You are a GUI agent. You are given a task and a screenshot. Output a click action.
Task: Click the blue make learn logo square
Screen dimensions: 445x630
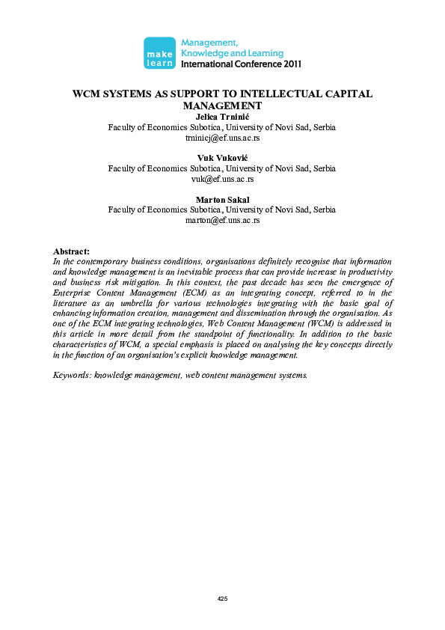tap(159, 52)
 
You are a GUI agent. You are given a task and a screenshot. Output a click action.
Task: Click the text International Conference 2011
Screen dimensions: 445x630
tap(241, 64)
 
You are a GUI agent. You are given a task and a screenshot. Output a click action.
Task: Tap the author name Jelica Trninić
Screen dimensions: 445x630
tap(222, 117)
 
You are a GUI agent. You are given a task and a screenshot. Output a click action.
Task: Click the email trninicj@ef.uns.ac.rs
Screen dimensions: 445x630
tap(222, 138)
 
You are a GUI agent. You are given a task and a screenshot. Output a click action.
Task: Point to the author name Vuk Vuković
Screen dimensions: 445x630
tap(222, 159)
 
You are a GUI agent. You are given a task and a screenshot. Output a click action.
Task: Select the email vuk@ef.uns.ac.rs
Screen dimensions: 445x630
tap(222, 180)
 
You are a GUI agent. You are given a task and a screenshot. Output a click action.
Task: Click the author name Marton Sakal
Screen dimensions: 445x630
tap(222, 200)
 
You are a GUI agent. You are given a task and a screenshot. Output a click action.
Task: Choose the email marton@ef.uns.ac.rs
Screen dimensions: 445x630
tap(222, 221)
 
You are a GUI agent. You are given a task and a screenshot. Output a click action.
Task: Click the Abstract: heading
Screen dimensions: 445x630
tap(72, 251)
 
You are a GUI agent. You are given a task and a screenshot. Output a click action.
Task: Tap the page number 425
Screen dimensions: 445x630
tap(222, 599)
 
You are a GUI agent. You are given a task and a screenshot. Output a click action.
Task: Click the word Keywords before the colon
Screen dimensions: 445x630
tap(71, 374)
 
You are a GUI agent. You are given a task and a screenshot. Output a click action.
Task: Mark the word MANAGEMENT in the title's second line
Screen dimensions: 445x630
tap(222, 106)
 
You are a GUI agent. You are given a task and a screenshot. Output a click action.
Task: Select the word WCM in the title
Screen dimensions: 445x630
tap(86, 94)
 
